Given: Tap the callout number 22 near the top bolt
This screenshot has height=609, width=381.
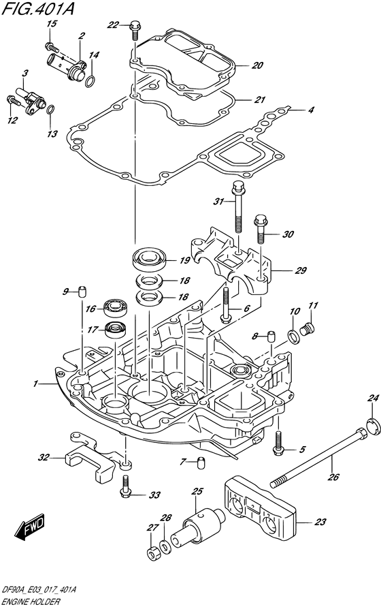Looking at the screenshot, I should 114,25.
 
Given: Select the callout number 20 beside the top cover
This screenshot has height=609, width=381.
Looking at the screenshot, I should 256,66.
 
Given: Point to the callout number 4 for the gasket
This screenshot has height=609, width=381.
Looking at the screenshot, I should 310,110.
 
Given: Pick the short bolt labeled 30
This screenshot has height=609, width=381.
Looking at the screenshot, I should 261,228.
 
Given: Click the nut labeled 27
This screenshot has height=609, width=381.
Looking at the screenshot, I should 151,551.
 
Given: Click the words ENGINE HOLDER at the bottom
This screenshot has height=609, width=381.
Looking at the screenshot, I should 31,602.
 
